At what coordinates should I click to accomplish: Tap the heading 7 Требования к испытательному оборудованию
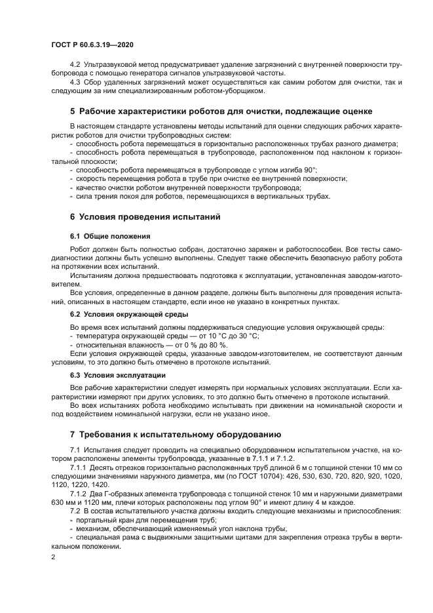coord(176,434)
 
